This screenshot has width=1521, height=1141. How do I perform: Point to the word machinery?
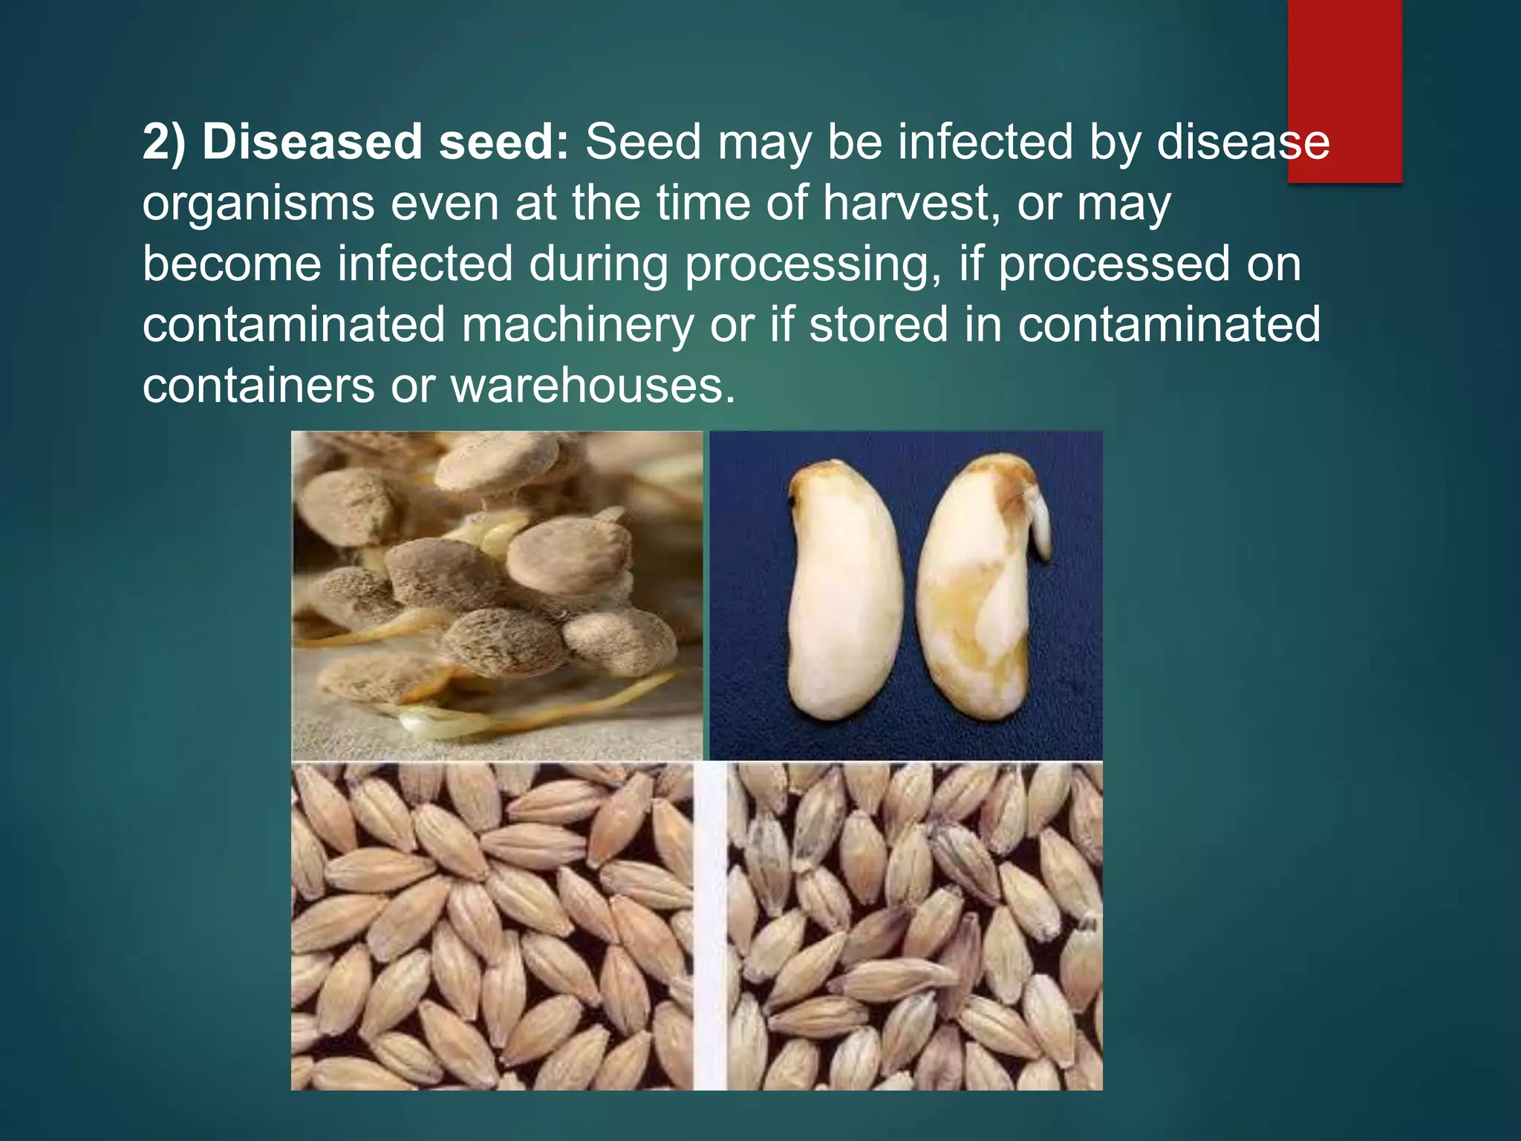[578, 325]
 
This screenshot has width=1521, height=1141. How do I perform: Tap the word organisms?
[258, 204]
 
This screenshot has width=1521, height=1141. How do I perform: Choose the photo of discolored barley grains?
[913, 926]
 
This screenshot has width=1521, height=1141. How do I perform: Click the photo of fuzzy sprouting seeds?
[496, 594]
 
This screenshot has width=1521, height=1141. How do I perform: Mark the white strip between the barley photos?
[709, 926]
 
